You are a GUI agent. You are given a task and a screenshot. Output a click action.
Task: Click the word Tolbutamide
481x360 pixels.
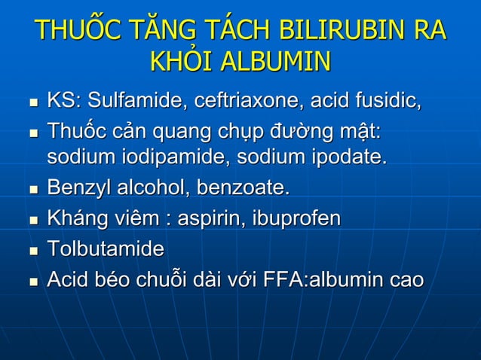105,249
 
